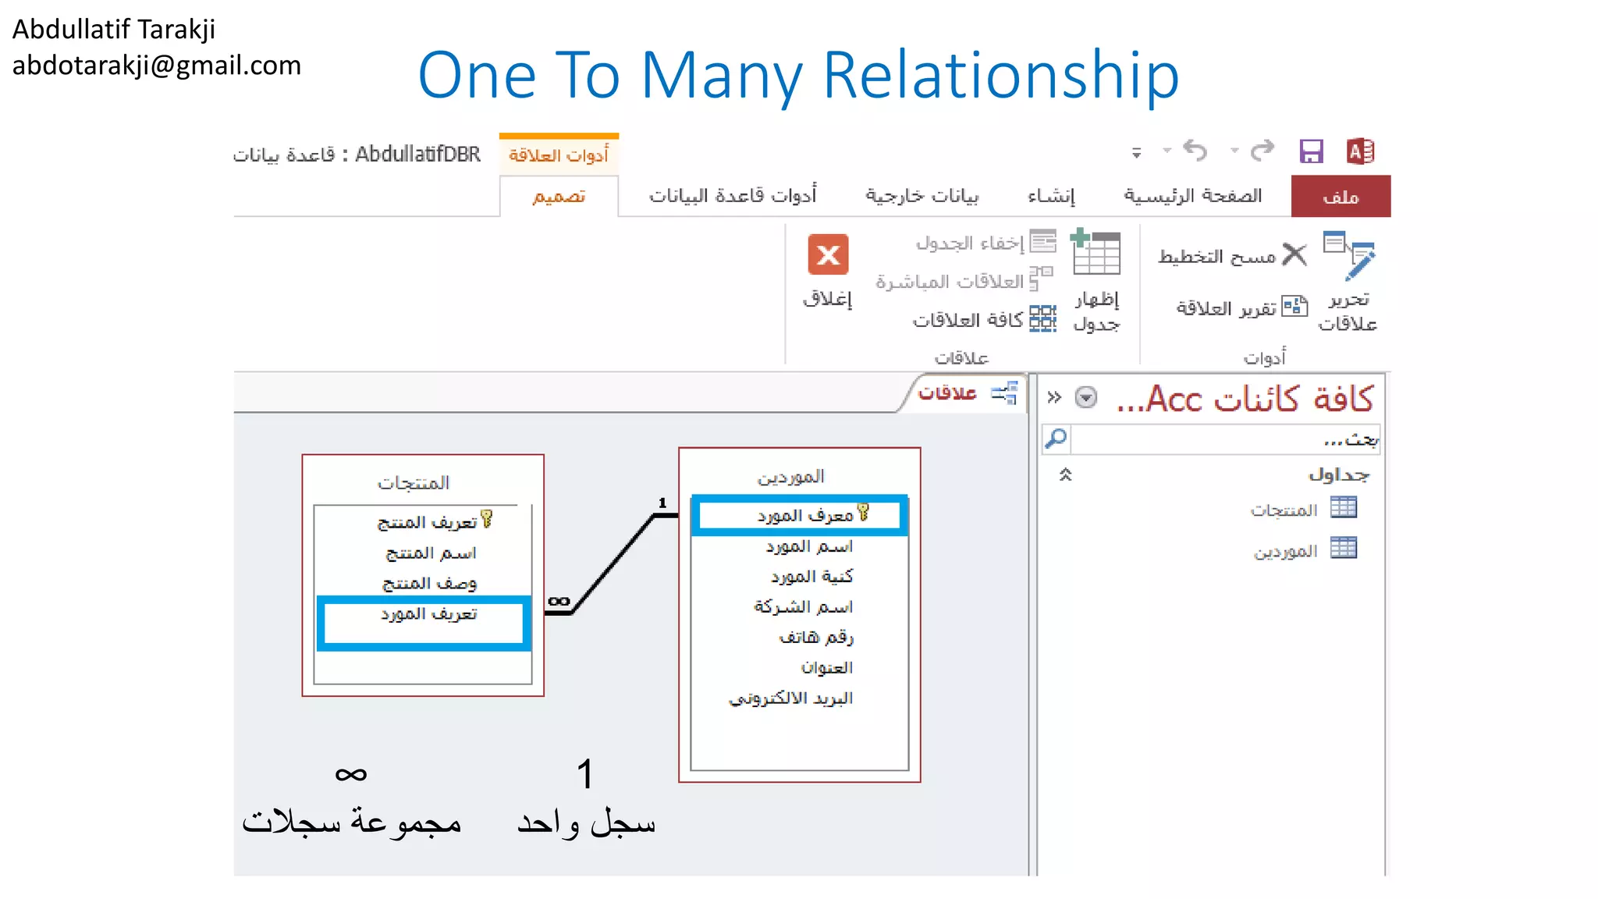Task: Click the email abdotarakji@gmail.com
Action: click(156, 66)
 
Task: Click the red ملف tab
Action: click(1341, 197)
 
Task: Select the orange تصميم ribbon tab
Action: click(559, 197)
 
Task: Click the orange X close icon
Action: click(828, 254)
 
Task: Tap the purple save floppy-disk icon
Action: click(1311, 151)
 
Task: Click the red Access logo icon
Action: click(1360, 151)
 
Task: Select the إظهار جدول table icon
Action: click(1096, 253)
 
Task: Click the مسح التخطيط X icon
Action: click(1294, 254)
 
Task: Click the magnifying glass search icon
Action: click(1056, 439)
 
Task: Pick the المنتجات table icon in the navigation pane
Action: click(1344, 508)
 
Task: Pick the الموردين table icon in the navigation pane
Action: click(1344, 549)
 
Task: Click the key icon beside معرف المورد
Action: click(863, 512)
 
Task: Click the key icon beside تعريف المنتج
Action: click(487, 519)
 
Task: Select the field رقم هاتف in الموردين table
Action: click(816, 638)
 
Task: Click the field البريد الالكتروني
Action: click(791, 698)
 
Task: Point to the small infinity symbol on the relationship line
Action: click(559, 601)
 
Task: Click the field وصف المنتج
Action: click(429, 584)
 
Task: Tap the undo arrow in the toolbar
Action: click(1195, 150)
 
